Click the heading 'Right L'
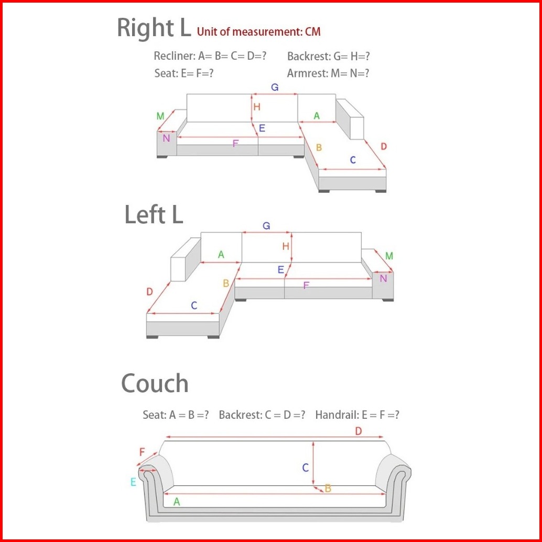[x=154, y=28]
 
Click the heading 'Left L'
[x=154, y=214]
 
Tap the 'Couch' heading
[x=155, y=384]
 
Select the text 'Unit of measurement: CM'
[x=258, y=31]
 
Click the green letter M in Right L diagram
[x=160, y=116]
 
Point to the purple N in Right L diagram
[x=166, y=138]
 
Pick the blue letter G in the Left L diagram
[x=266, y=226]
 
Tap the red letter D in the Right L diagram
[x=384, y=146]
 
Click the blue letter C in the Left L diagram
[x=194, y=306]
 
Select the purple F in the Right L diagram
[x=235, y=143]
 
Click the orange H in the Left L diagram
[x=286, y=246]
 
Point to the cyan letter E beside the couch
[x=133, y=482]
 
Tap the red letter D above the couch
[x=359, y=431]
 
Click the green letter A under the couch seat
[x=177, y=502]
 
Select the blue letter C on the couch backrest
[x=306, y=468]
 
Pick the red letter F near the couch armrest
[x=142, y=452]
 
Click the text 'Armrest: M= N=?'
[x=328, y=73]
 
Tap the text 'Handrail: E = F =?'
[x=357, y=415]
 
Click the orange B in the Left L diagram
[x=226, y=283]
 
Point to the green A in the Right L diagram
[x=317, y=116]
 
